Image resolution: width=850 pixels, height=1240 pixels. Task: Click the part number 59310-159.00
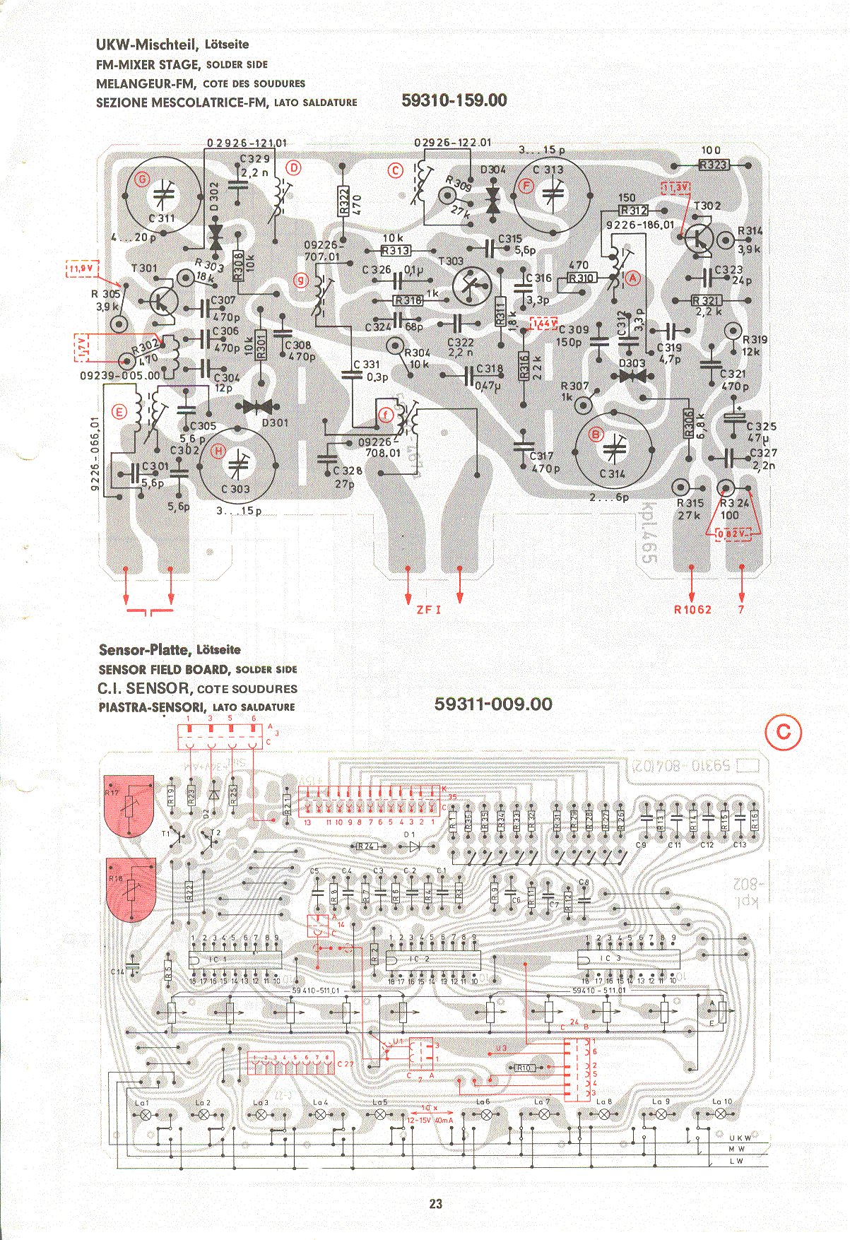[x=454, y=100]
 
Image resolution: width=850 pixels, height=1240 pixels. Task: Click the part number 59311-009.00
[x=493, y=704]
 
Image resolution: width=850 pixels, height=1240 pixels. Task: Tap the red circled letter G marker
[x=142, y=179]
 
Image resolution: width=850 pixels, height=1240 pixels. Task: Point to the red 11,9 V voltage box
[x=82, y=268]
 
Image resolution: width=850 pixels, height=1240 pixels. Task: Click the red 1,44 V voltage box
[x=543, y=323]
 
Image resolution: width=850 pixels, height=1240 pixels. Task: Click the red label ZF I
[x=428, y=609]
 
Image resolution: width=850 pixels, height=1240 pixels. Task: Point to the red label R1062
[x=692, y=609]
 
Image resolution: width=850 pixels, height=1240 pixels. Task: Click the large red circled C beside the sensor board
[x=783, y=733]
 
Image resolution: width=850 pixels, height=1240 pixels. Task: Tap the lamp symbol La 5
[x=380, y=1114]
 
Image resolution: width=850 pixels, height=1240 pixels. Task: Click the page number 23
[x=435, y=1204]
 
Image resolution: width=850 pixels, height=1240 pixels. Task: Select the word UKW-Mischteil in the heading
[x=148, y=45]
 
